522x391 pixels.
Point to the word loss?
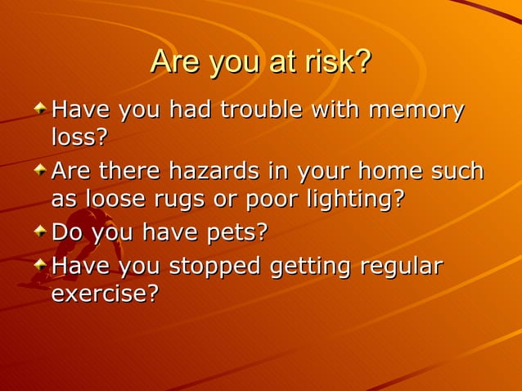coord(79,137)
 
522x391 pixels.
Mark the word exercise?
coord(105,294)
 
